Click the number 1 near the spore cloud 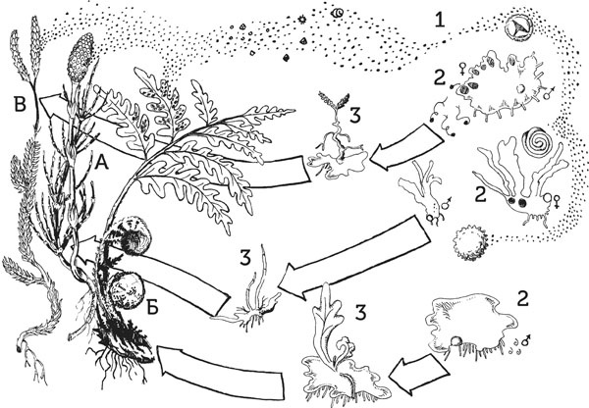[x=439, y=20]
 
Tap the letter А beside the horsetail [x=101, y=163]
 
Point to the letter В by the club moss [x=20, y=105]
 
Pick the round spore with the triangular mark [x=518, y=27]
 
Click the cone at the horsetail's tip [x=80, y=58]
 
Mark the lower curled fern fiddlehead [x=127, y=290]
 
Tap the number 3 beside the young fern [x=360, y=313]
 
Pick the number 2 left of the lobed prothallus [x=481, y=194]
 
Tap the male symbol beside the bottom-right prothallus [x=526, y=340]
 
